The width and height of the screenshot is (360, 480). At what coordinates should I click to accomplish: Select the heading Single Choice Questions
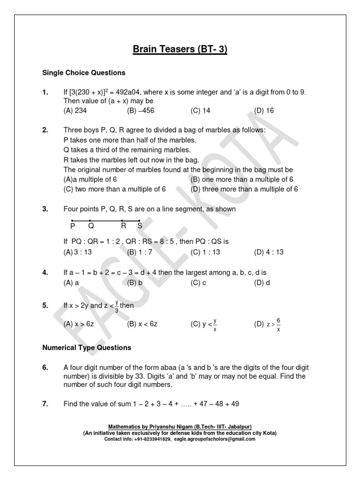pyautogui.click(x=84, y=73)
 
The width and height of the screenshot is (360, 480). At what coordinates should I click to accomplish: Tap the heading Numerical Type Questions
pyautogui.click(x=87, y=348)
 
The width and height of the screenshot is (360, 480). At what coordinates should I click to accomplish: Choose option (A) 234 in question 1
pyautogui.click(x=75, y=111)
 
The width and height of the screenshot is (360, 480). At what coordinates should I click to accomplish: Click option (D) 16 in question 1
pyautogui.click(x=264, y=111)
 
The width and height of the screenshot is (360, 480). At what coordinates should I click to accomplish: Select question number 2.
pyautogui.click(x=45, y=130)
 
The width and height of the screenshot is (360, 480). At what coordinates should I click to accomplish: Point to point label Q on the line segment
pyautogui.click(x=91, y=226)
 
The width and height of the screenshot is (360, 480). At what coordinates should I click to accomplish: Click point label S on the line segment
pyautogui.click(x=140, y=226)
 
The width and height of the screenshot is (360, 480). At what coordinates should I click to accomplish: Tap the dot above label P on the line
pyautogui.click(x=72, y=220)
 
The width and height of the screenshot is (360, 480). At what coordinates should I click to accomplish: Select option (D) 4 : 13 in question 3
pyautogui.click(x=269, y=252)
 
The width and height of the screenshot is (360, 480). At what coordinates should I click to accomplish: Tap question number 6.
pyautogui.click(x=45, y=367)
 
